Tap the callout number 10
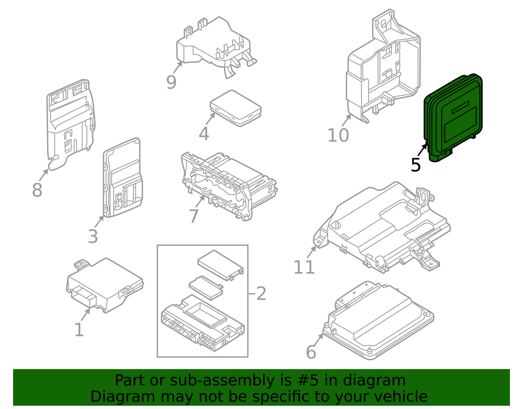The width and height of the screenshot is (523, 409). [338, 135]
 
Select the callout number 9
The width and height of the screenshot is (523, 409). [171, 82]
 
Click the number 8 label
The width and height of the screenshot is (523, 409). [37, 190]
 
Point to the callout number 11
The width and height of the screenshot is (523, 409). [304, 268]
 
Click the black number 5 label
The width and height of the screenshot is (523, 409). [415, 165]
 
